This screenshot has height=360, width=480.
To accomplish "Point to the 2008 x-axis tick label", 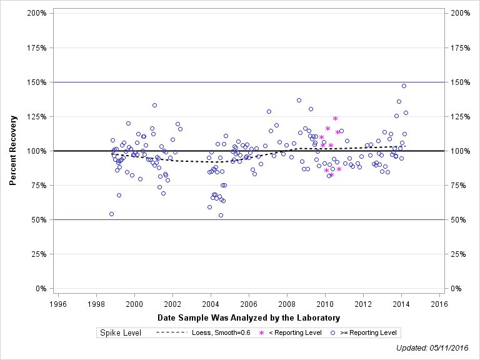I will pos(287,304).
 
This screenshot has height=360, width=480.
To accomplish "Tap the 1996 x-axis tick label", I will pos(58,304).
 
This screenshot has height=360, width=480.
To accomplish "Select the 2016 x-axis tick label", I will pos(439,304).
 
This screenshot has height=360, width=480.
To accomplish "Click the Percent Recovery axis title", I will pos(13,150).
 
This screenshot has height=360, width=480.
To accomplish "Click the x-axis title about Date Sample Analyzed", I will pos(249,317).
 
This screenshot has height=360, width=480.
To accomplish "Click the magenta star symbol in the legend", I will pos(261,332).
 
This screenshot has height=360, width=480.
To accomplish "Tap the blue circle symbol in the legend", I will pos(333,332).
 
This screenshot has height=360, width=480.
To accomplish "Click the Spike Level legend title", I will pos(120,332).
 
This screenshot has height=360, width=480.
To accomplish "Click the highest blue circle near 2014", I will pos(404,86).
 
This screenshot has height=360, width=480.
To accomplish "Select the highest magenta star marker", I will pos(335,118).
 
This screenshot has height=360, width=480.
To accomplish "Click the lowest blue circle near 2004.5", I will pos(221,215).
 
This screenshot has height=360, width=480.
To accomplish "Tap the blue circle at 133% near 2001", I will pos(154,105).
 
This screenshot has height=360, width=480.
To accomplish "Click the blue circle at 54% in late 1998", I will pos(111,214).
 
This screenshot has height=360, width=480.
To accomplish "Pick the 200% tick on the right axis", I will pos(462,13).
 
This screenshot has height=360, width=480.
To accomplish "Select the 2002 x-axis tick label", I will pos(172,304).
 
